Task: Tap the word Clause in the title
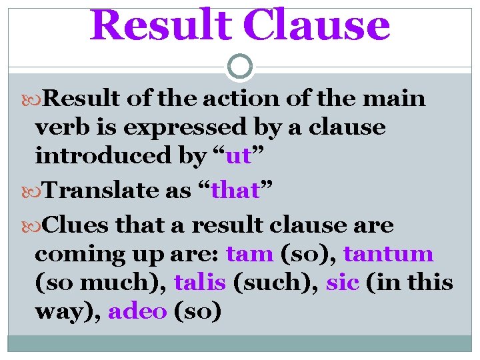click(x=319, y=25)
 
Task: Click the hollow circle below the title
click(x=240, y=67)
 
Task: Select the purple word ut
click(x=238, y=156)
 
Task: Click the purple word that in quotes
click(x=235, y=191)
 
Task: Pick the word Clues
click(x=78, y=226)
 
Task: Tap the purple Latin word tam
click(x=249, y=255)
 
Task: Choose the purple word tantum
click(x=388, y=255)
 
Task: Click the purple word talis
click(x=200, y=283)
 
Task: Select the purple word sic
click(x=343, y=283)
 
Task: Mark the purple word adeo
click(x=137, y=312)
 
